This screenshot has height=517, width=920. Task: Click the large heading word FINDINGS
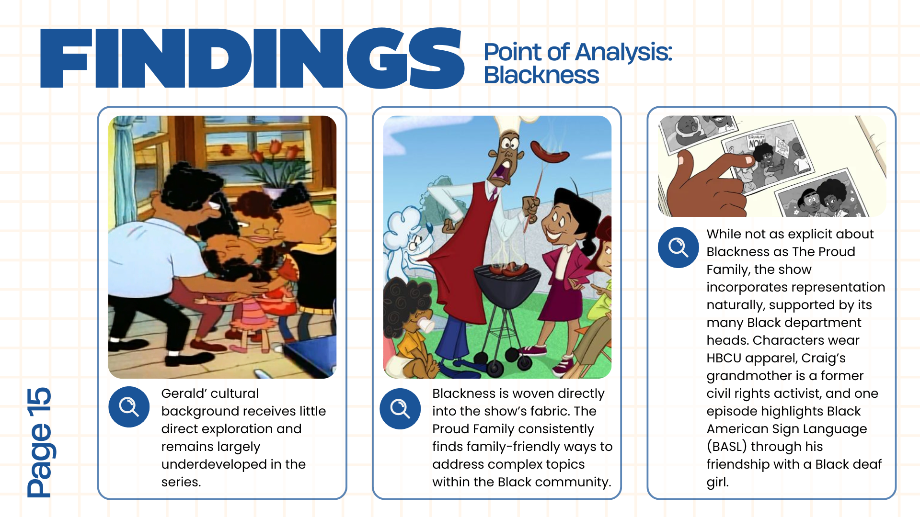point(252,58)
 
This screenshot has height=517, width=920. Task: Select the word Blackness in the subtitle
point(541,75)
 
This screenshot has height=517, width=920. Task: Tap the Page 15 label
point(39,442)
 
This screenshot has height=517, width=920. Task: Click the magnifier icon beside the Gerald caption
point(129,407)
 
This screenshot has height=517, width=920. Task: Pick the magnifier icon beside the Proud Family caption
point(400,409)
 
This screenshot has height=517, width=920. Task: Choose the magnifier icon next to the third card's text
point(678,247)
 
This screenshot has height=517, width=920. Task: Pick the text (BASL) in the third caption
point(726,447)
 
